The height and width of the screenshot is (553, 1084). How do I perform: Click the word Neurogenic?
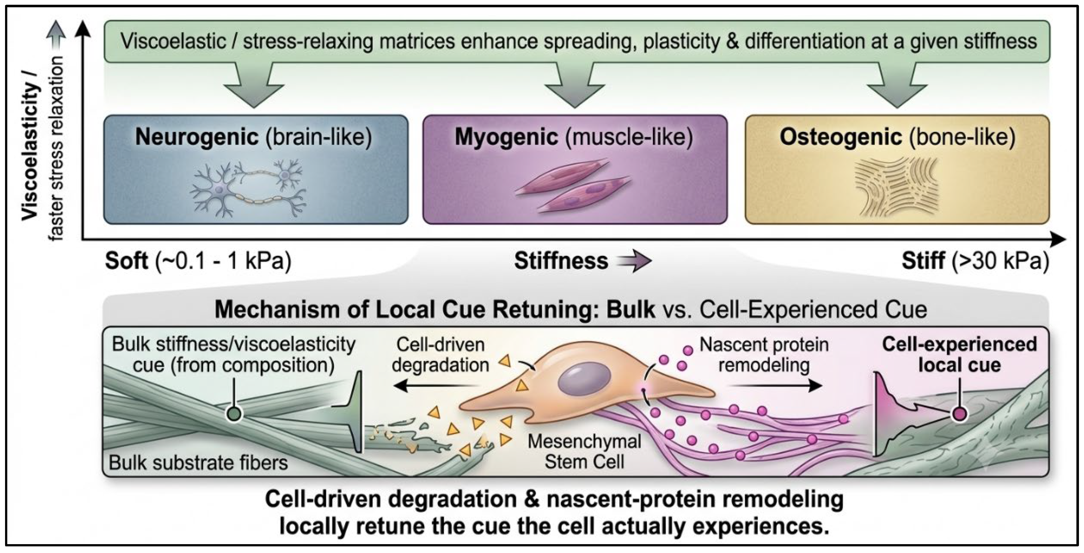point(197,137)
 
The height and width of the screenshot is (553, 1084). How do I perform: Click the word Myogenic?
point(506,137)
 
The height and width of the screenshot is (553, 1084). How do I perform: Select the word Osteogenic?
point(841,137)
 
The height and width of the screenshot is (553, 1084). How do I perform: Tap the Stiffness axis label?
point(561,261)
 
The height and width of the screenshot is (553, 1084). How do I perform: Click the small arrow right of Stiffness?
point(634,261)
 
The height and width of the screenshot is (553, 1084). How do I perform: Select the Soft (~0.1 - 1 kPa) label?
point(198,261)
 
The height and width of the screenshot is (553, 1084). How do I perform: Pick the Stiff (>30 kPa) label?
point(975,261)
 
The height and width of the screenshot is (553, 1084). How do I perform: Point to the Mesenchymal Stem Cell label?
point(584,452)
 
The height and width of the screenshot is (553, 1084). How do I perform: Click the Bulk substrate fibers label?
point(198,463)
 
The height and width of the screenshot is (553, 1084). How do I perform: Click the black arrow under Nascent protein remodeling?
point(775,385)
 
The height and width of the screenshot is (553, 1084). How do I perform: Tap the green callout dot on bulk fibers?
point(234,414)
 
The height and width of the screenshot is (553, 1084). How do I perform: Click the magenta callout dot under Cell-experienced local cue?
point(959,414)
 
